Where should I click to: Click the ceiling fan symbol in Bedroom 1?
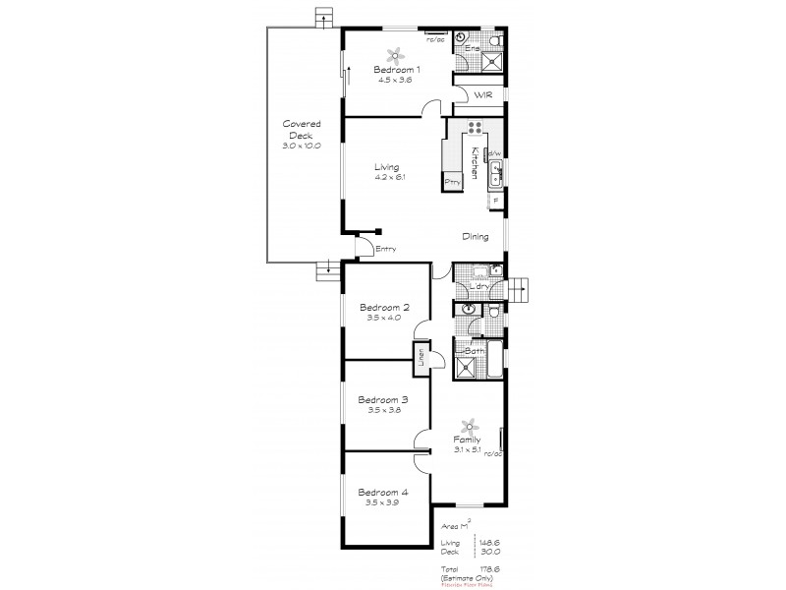point(397,56)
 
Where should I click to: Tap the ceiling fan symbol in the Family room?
point(469,425)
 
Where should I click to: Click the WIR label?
point(482,95)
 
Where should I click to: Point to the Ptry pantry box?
point(453,182)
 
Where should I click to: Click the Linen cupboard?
point(421,358)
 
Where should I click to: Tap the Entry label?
point(385,250)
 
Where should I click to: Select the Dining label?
point(476,237)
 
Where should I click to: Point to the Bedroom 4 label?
point(382,492)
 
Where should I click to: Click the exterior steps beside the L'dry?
point(518,287)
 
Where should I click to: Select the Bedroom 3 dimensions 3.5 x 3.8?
point(382,411)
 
